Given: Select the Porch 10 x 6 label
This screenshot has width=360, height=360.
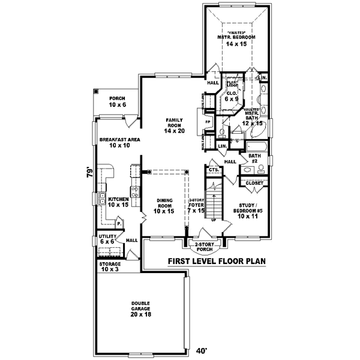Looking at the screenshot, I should click(118, 101).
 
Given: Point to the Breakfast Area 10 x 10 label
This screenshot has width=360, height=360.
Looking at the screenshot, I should click(120, 142).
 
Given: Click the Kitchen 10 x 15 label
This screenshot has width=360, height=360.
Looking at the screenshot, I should click(118, 202).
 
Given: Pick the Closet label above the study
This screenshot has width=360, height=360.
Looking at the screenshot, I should click(254, 183).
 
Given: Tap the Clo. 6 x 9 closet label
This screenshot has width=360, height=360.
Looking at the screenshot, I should click(232, 97).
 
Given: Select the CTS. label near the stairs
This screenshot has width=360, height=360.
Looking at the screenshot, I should click(213, 170).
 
